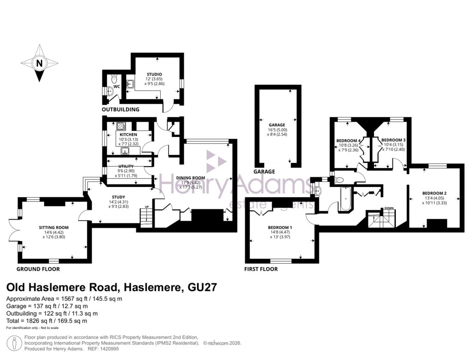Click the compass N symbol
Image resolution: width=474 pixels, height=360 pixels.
coord(39,63)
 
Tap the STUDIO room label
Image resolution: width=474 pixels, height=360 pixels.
coord(154,74)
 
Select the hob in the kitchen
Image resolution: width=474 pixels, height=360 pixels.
coord(121,125)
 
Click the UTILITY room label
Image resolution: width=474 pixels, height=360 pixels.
coord(126,166)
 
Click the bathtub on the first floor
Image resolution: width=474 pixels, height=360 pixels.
coord(344,199)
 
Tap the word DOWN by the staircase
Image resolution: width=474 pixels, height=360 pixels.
coord(389,209)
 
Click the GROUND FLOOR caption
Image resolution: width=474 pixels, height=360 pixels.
coord(38,269)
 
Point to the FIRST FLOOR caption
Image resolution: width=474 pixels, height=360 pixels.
coord(262,269)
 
